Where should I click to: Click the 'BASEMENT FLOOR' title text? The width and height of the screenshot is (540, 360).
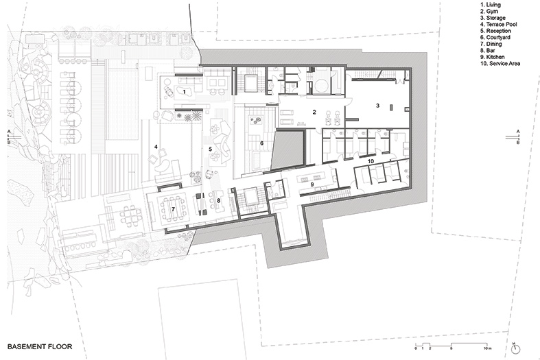coord(40,346)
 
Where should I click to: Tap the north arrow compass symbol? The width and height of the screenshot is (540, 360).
coord(515,349)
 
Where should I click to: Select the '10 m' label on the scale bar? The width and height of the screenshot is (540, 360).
coord(488,348)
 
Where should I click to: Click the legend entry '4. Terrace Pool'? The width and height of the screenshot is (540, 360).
coord(499,25)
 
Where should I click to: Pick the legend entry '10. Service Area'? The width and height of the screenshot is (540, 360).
coord(500,64)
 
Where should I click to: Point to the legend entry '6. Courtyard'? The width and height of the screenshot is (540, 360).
coord(495,38)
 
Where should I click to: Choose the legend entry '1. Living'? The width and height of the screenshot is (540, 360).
coord(491,5)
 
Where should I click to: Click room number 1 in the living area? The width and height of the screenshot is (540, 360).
coord(185,92)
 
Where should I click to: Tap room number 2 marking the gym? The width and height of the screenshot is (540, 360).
coord(314,112)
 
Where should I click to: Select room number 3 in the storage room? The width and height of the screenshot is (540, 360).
coord(378,106)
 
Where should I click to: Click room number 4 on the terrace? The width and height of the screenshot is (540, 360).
coord(156,147)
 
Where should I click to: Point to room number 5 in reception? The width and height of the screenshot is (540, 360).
coord(210,149)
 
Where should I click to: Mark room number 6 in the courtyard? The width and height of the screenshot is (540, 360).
coord(261,143)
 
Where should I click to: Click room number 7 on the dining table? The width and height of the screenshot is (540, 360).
coord(173,209)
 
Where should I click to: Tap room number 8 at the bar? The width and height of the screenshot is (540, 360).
coord(218,200)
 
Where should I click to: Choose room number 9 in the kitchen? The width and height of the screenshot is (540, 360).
coord(312,184)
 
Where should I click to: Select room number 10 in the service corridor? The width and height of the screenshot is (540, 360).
coord(371,161)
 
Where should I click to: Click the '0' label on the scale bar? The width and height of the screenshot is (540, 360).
coord(416,348)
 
